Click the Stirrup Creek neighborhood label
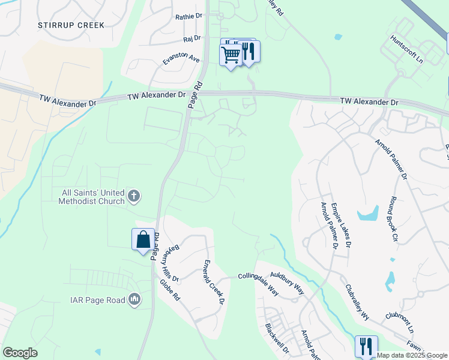71,25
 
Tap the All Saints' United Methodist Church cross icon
134,196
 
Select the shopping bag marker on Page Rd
143,240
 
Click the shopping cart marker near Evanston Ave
231,56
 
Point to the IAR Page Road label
97,300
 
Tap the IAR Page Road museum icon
134,299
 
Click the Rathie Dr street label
189,17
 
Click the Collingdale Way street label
258,281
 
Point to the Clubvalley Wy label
358,301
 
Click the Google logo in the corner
20,353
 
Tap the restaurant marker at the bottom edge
366,347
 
